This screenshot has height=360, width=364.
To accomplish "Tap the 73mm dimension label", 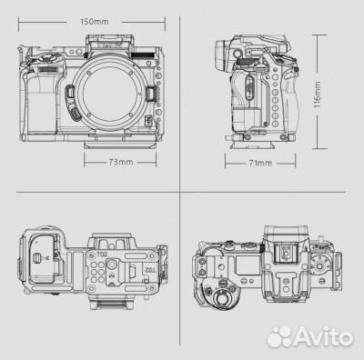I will pyautogui.click(x=122, y=163).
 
